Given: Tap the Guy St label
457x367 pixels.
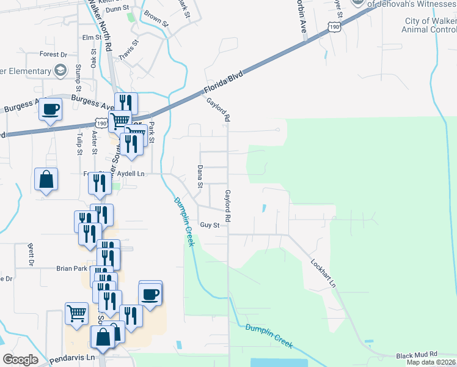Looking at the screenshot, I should [209, 225].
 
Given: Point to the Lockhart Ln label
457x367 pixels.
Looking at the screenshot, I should [324, 273].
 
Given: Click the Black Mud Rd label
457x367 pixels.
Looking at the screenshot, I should [417, 354].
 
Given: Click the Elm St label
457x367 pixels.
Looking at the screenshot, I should [92, 37].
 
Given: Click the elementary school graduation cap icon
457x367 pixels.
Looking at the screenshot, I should [60, 72].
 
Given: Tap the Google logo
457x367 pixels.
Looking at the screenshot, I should [20, 360].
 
